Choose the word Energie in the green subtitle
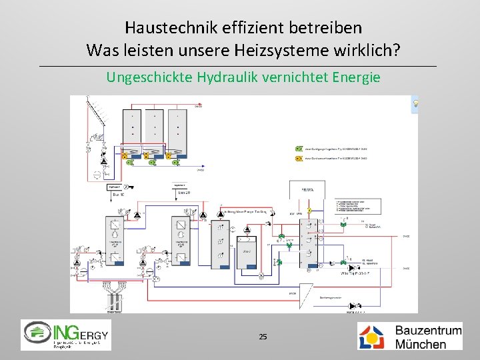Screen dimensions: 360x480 356,77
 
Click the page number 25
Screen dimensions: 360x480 263,337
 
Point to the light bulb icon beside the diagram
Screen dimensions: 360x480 415,104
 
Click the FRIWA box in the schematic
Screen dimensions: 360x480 307,189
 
